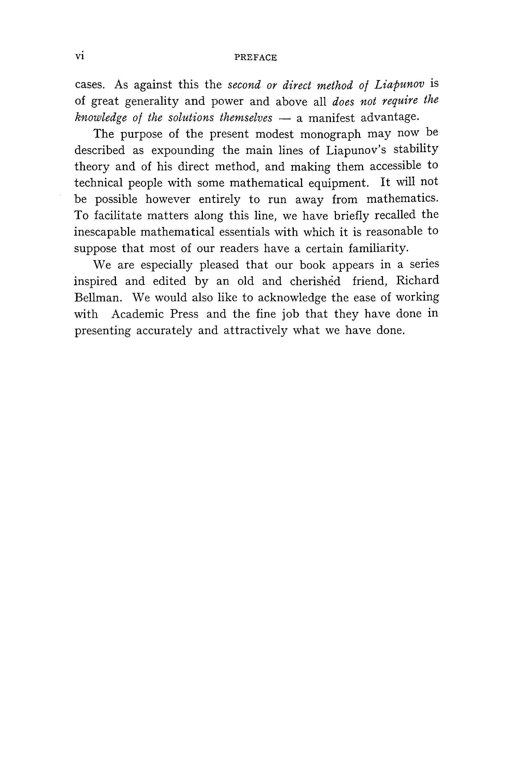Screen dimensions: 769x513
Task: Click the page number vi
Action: coord(80,56)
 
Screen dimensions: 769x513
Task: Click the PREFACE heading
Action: coord(256,58)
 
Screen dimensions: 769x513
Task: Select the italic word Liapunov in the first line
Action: coord(400,85)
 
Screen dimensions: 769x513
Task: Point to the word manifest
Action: coord(331,117)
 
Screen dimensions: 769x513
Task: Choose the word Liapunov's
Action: coord(356,150)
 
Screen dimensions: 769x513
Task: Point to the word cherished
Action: coord(315,281)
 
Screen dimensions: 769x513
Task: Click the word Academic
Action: coord(137,314)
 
